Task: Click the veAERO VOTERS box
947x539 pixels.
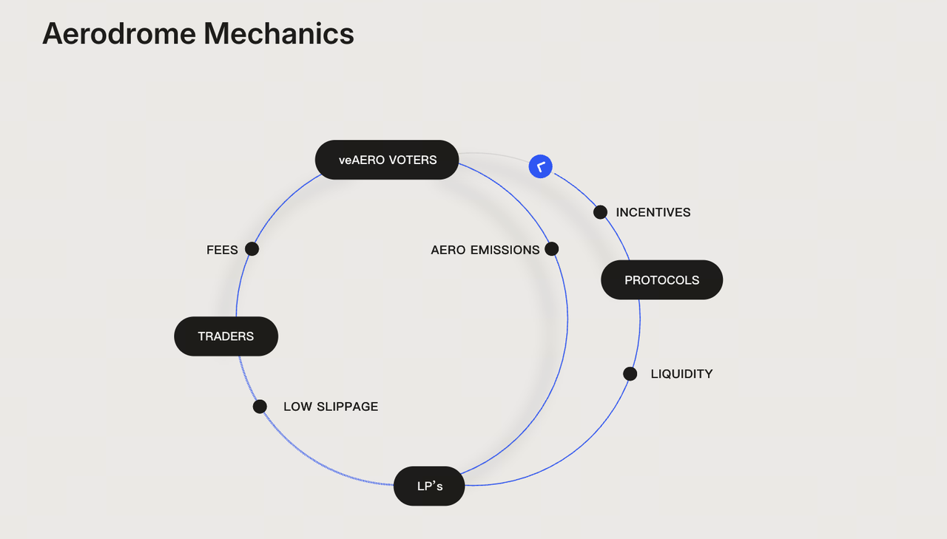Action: pyautogui.click(x=387, y=160)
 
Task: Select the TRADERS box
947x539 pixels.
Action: pyautogui.click(x=226, y=336)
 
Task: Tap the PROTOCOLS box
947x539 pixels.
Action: pyautogui.click(x=661, y=280)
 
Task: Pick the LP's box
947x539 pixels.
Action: pyautogui.click(x=429, y=487)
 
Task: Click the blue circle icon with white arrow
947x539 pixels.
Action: pyautogui.click(x=541, y=166)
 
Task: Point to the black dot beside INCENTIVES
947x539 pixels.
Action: pyautogui.click(x=601, y=212)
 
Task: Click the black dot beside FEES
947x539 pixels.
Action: pyautogui.click(x=252, y=249)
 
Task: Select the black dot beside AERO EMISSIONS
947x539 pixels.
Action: pyautogui.click(x=551, y=249)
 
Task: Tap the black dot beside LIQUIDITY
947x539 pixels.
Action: pyautogui.click(x=630, y=373)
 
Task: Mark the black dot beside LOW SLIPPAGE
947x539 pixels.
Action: pyautogui.click(x=260, y=407)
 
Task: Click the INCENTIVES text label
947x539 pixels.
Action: pyautogui.click(x=653, y=213)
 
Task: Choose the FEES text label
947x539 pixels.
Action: pyautogui.click(x=222, y=250)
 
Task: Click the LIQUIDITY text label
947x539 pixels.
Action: pyautogui.click(x=681, y=374)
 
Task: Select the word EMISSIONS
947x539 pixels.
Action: pyautogui.click(x=505, y=250)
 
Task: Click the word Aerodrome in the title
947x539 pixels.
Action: pyautogui.click(x=118, y=34)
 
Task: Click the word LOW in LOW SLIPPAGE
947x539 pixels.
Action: pyautogui.click(x=297, y=407)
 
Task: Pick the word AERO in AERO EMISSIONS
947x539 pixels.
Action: pyautogui.click(x=448, y=250)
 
